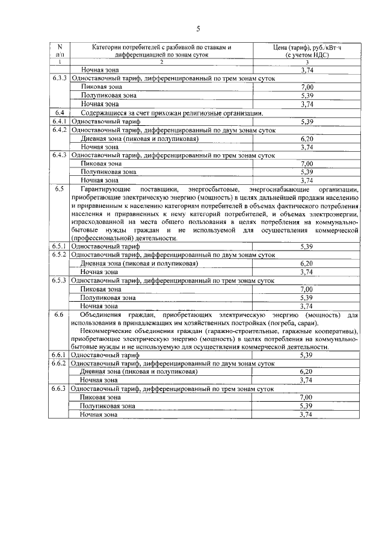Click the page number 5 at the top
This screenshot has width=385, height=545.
pos(197,28)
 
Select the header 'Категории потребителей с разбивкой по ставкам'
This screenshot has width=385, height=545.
pos(161,47)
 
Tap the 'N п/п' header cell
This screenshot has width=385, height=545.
pos(60,51)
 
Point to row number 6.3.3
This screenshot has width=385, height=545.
pos(60,79)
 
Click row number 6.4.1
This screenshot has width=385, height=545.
pos(60,121)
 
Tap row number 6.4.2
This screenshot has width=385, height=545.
pos(60,129)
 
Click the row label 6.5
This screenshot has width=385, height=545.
pos(60,188)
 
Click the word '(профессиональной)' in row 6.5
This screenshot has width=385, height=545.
pos(100,238)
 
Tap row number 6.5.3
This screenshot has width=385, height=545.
pos(60,280)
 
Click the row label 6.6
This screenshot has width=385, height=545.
pos(60,314)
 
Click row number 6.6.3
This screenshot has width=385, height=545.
pos(60,389)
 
